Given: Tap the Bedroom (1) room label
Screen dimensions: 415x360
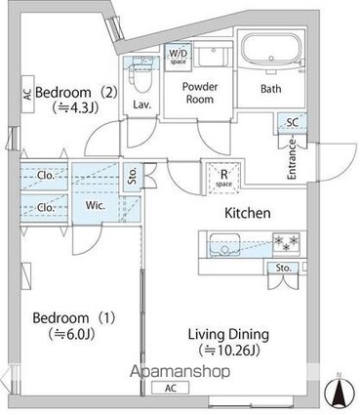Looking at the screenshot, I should click(64, 318).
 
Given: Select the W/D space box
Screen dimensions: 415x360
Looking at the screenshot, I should click(178, 54).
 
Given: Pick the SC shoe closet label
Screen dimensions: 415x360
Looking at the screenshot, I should click(292, 122).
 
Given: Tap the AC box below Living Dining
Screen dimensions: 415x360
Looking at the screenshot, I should click(171, 386).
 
